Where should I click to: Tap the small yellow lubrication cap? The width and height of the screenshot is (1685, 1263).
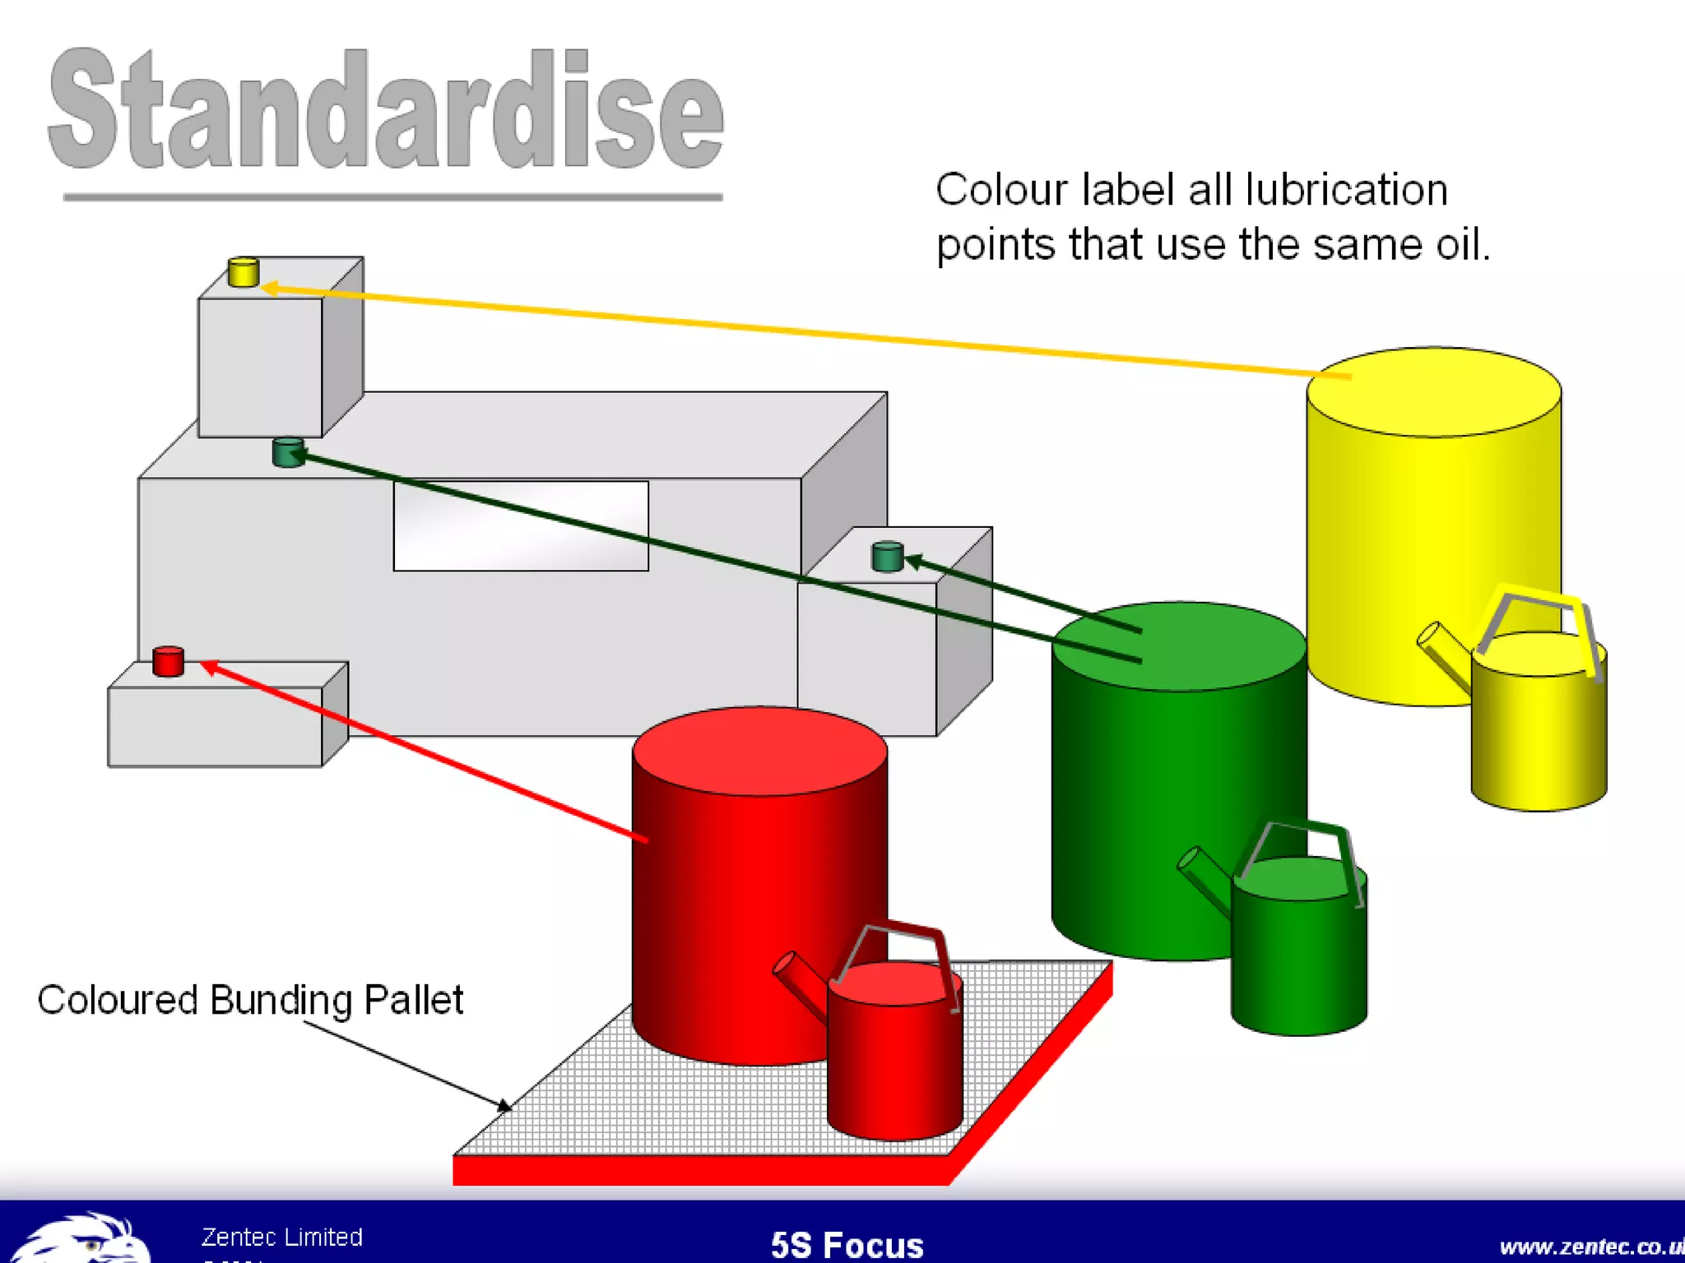[x=244, y=272]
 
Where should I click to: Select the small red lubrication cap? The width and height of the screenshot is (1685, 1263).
[x=169, y=662]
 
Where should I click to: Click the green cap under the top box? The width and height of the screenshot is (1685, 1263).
[x=288, y=452]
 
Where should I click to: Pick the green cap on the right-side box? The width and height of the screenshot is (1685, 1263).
[x=887, y=557]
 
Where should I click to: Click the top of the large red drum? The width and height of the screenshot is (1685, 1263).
[x=759, y=750]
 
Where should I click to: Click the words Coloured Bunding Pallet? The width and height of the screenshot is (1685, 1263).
[x=250, y=1001]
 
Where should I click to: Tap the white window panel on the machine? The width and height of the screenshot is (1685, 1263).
[x=521, y=526]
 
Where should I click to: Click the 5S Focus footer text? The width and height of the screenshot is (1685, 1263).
[x=847, y=1245]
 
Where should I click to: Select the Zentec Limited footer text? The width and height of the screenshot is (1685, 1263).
[x=282, y=1237]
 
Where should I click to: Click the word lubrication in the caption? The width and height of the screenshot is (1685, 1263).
[x=1346, y=190]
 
